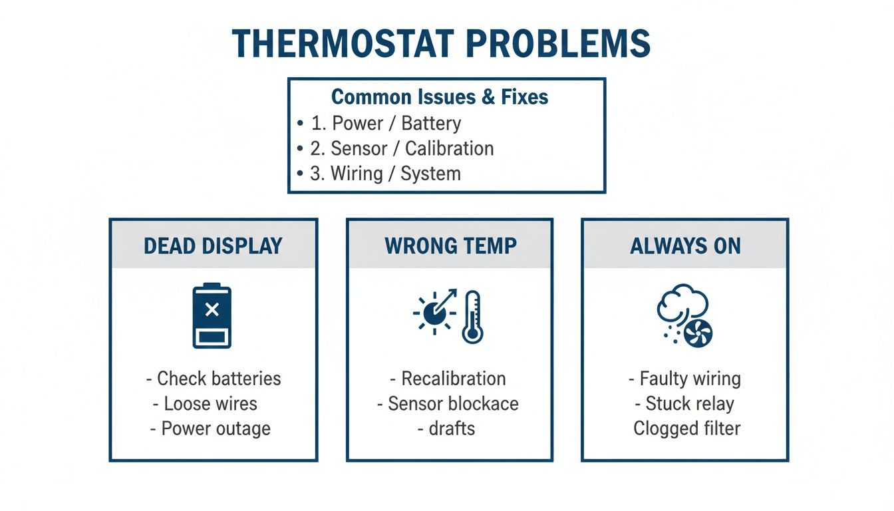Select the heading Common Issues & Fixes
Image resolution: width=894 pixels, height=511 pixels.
pyautogui.click(x=440, y=97)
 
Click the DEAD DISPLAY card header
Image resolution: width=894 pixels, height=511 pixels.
pyautogui.click(x=213, y=246)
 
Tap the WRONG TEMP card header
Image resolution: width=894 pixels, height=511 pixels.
pyautogui.click(x=450, y=246)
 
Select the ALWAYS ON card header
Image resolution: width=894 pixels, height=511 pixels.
pyautogui.click(x=685, y=246)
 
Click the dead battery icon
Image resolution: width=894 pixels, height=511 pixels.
pyautogui.click(x=212, y=317)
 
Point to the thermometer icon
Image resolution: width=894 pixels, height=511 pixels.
pyautogui.click(x=472, y=317)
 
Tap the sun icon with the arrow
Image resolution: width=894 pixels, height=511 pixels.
pyautogui.click(x=434, y=311)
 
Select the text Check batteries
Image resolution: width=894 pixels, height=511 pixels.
pyautogui.click(x=218, y=379)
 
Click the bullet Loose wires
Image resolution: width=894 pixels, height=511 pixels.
pyautogui.click(x=210, y=404)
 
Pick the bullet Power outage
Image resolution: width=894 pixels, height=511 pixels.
pyautogui.click(x=216, y=428)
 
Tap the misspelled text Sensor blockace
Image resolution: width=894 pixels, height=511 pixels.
pyautogui.click(x=452, y=404)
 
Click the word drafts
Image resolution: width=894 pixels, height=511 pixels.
pyautogui.click(x=452, y=428)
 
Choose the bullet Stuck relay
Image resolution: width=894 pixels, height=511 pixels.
pyautogui.click(x=690, y=404)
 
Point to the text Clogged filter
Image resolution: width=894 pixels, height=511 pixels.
pyautogui.click(x=686, y=428)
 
